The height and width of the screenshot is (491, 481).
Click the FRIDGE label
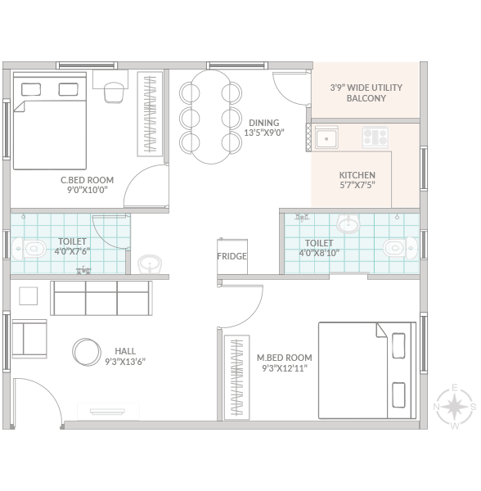click(232, 256)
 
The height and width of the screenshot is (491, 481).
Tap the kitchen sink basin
click(326, 137)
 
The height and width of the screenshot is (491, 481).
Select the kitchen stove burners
click(375, 137)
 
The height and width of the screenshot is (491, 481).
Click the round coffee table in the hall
click(87, 352)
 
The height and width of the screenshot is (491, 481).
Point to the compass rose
click(456, 407)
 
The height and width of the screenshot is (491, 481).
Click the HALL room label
click(125, 351)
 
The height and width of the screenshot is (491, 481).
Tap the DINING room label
click(264, 123)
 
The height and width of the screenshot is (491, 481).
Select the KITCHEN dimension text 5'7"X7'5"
click(357, 185)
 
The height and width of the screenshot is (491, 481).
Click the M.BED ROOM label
click(285, 358)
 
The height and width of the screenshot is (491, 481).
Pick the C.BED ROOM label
click(87, 180)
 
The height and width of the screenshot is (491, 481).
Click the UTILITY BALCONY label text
click(366, 92)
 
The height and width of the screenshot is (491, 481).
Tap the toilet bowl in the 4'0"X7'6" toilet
click(29, 249)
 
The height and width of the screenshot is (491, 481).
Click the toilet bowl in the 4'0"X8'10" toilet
click(400, 248)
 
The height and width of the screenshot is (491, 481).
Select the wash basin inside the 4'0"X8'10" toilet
click(348, 223)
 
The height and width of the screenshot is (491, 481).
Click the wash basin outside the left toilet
click(150, 264)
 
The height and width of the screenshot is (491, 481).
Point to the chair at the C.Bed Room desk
click(114, 92)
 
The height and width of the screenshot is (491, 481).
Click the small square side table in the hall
click(28, 296)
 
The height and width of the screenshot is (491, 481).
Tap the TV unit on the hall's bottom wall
click(108, 412)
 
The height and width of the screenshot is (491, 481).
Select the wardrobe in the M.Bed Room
click(237, 377)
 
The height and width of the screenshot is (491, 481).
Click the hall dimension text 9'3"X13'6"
click(125, 362)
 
